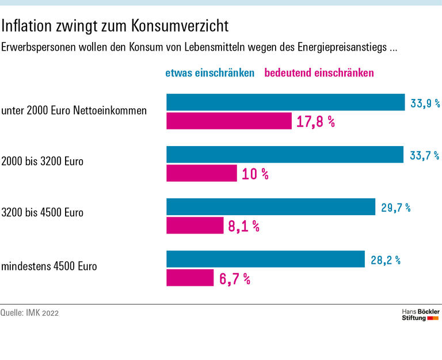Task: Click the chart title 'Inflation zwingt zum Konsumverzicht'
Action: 115,26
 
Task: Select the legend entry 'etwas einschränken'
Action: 209,73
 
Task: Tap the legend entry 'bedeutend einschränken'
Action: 319,73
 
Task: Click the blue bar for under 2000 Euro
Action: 285,102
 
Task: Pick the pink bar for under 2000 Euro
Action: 229,121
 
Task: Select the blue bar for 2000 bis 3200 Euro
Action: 285,155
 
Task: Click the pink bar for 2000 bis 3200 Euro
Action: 201,173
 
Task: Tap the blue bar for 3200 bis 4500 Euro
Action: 270,207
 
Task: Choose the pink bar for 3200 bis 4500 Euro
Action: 195,225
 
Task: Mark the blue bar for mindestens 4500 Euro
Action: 265,259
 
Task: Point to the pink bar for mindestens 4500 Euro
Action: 190,278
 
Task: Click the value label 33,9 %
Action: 425,104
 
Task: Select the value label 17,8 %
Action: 315,121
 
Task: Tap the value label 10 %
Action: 255,174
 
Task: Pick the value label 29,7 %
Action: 395,208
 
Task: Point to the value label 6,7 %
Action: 234,279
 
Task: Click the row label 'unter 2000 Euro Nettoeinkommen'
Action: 74,110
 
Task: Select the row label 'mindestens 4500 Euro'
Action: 49,266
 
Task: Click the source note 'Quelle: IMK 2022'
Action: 29,313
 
